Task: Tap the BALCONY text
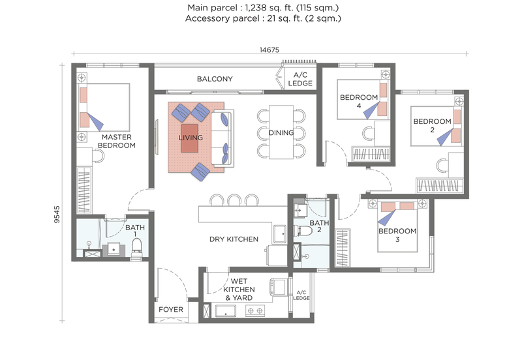click(x=215, y=79)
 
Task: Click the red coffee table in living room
click(x=190, y=138)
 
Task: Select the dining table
click(x=281, y=132)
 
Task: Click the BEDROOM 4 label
click(x=358, y=102)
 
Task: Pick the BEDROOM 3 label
click(x=397, y=231)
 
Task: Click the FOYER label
click(x=170, y=309)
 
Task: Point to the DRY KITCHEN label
click(x=234, y=239)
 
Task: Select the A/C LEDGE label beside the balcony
click(x=301, y=79)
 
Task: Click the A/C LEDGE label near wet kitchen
click(x=301, y=295)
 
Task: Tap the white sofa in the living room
click(x=223, y=138)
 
